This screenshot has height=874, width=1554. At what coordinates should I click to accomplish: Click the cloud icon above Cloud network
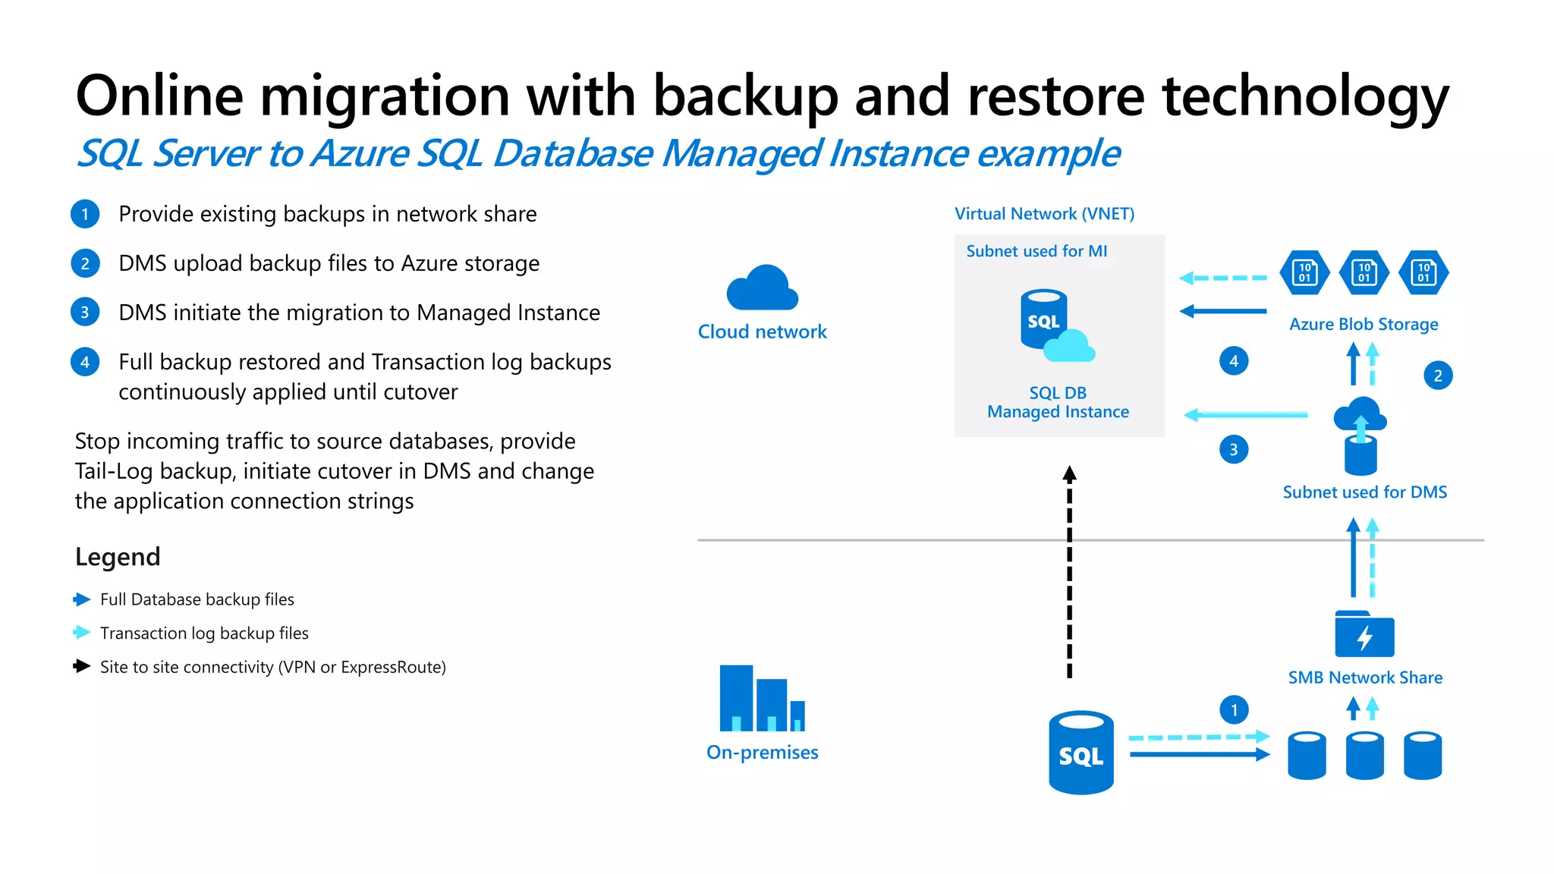[x=762, y=288]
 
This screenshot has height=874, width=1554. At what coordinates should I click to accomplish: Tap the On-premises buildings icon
[x=761, y=698]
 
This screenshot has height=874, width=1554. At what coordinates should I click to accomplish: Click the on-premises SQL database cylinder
[x=1081, y=753]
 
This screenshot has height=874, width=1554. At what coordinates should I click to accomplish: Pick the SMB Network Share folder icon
[x=1364, y=634]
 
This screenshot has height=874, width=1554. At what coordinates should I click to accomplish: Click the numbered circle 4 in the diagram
[x=1234, y=361]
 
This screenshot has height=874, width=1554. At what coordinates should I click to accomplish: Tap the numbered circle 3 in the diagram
[x=1234, y=450]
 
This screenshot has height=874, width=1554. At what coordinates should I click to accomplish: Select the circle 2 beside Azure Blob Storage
[x=1438, y=376]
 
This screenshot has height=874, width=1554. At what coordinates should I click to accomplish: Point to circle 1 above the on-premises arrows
[x=1234, y=710]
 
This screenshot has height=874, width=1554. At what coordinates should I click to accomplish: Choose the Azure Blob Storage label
[x=1364, y=325]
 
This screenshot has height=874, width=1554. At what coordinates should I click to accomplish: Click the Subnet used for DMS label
[x=1364, y=492]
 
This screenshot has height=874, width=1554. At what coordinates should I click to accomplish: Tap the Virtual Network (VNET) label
[x=1044, y=214]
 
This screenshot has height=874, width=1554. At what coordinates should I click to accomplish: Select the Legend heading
[x=118, y=557]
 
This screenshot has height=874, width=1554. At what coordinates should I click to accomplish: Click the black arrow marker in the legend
[x=82, y=666]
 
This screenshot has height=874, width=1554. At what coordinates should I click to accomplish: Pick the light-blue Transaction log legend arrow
[x=82, y=633]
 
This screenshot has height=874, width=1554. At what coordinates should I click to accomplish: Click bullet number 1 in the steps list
[x=85, y=214]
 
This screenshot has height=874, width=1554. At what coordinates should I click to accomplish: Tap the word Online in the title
[x=159, y=96]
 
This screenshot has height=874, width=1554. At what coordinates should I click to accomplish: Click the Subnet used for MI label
[x=1037, y=251]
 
